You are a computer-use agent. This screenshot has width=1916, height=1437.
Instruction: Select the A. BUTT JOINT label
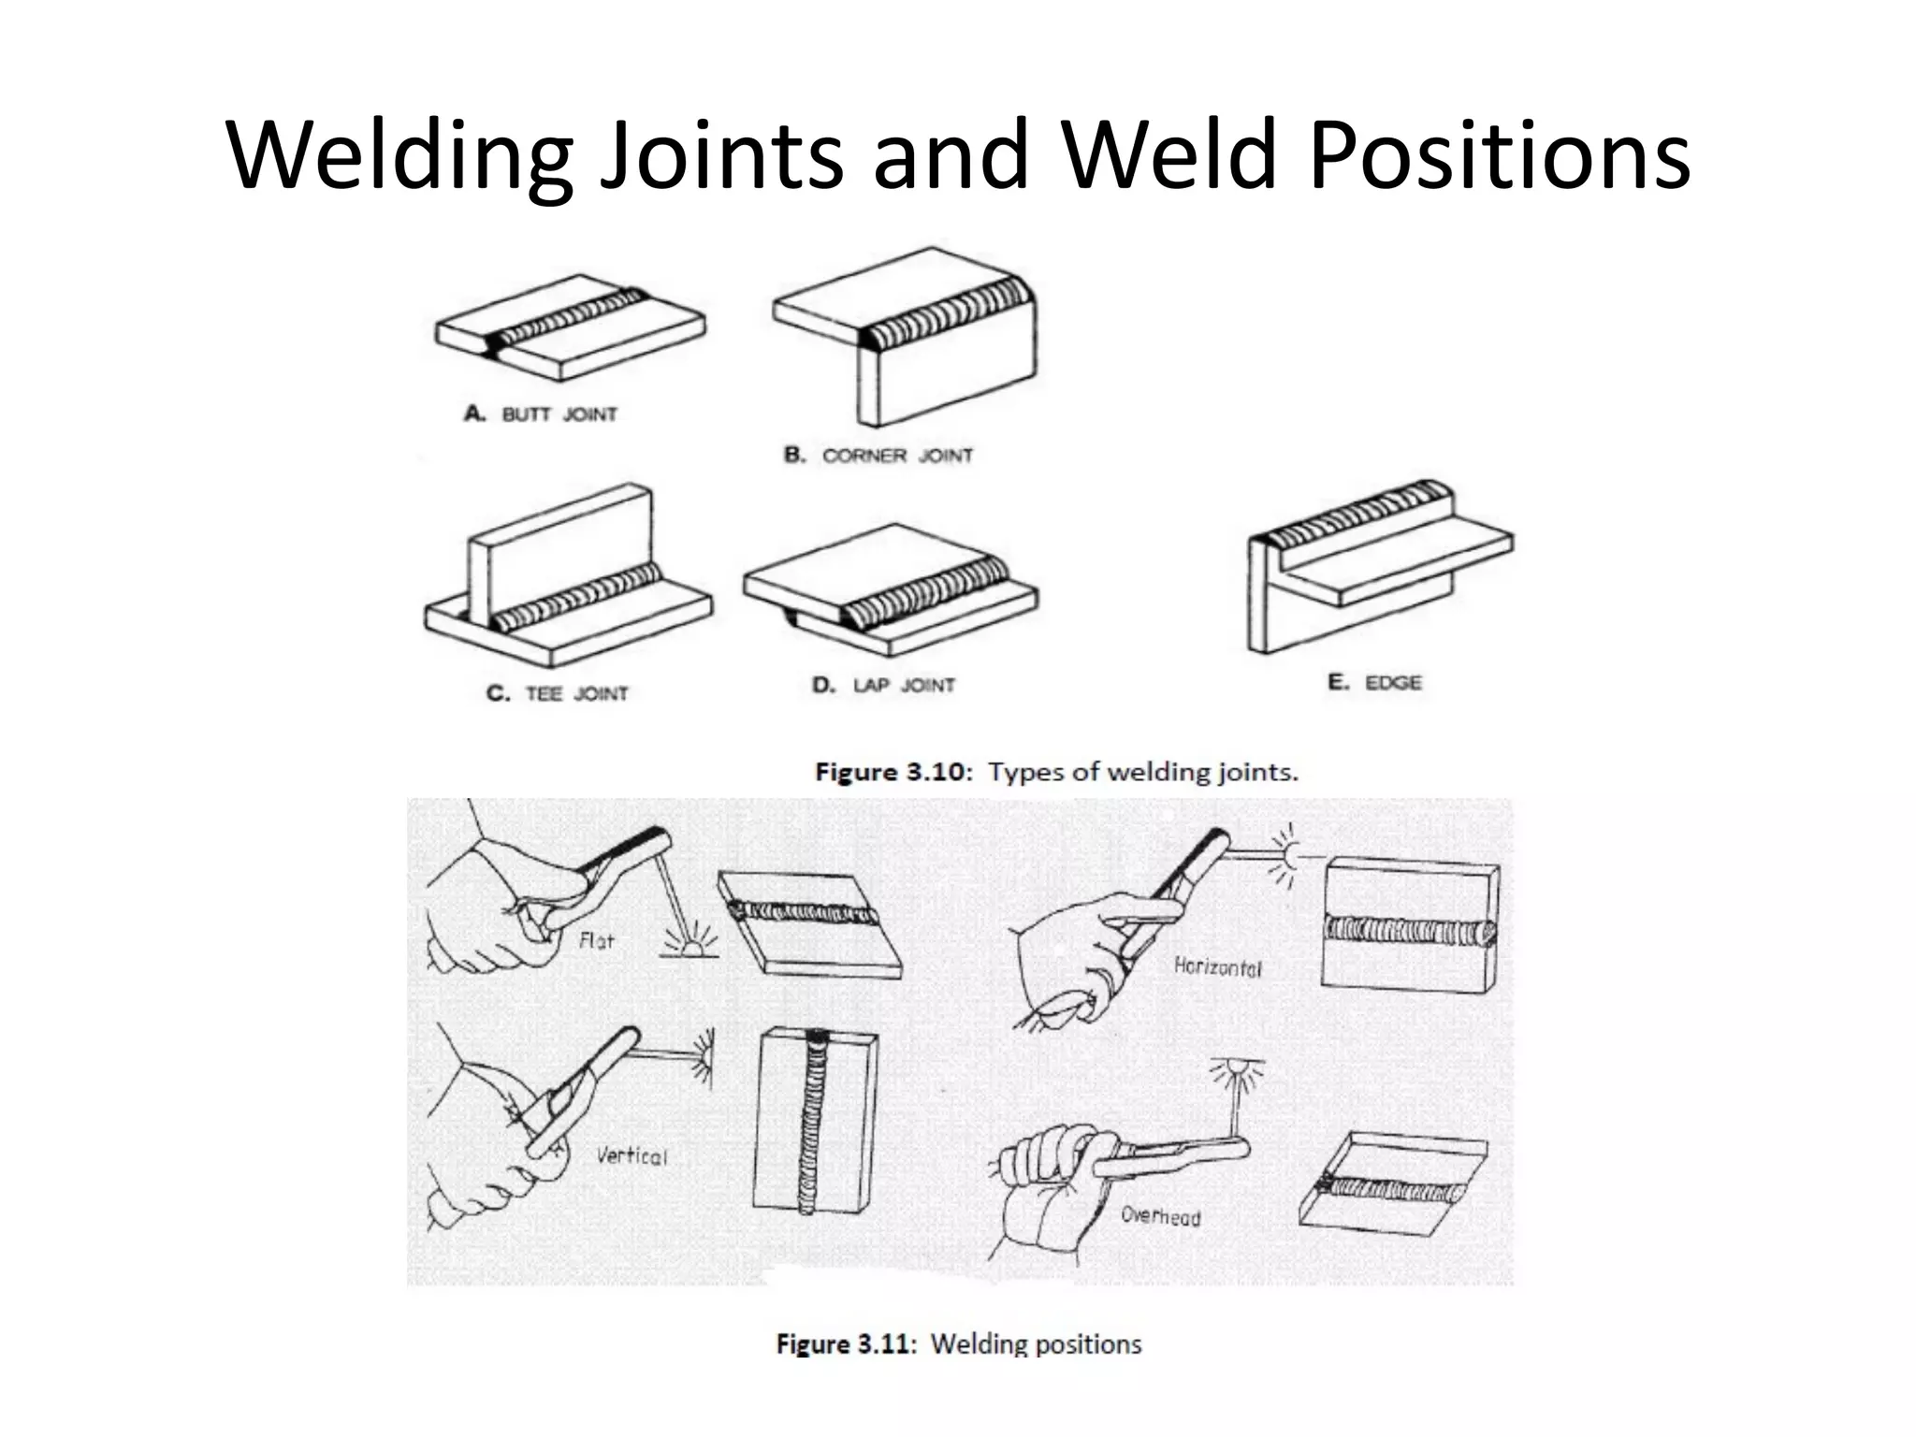(541, 414)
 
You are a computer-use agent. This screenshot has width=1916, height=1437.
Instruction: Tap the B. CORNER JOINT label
(878, 456)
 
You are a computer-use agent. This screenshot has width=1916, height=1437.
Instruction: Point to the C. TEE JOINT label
(558, 693)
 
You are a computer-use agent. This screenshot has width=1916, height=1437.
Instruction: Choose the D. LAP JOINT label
(883, 685)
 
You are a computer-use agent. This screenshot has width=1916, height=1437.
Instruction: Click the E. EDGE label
(1374, 682)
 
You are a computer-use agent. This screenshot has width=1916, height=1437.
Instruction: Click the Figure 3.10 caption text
(1057, 772)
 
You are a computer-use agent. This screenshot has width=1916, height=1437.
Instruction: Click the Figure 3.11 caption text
(959, 1344)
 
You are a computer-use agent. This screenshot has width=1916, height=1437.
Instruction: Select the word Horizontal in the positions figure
(1217, 967)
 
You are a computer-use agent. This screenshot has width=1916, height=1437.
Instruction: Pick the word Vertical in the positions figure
(632, 1155)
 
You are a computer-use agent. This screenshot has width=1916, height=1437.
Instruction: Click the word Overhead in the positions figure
(1160, 1216)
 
